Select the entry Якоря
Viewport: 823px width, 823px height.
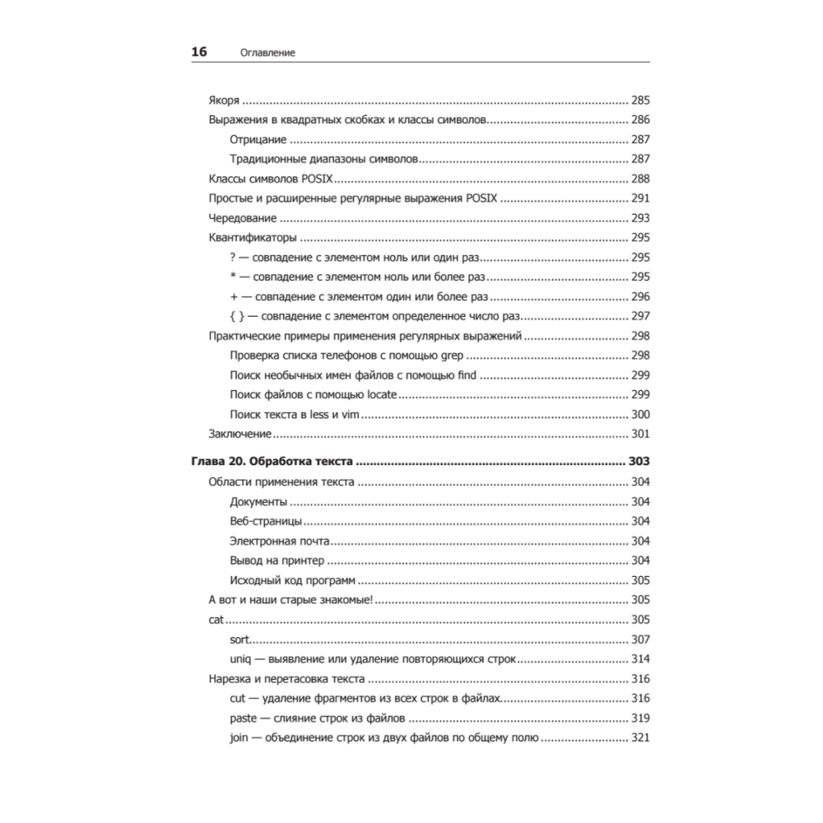tap(224, 100)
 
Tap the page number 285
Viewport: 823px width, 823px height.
tap(640, 100)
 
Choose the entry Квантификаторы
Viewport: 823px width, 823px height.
tap(252, 238)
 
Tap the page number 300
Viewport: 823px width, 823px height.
tap(640, 415)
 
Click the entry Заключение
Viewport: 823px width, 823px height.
tap(240, 435)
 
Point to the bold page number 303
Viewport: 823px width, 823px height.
tap(639, 463)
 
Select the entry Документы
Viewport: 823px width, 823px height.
tap(258, 501)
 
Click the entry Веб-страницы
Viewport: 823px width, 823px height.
tap(266, 521)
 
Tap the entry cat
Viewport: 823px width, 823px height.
tap(216, 620)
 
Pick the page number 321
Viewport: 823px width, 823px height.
tap(640, 737)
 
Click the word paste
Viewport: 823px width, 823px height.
tap(244, 718)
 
